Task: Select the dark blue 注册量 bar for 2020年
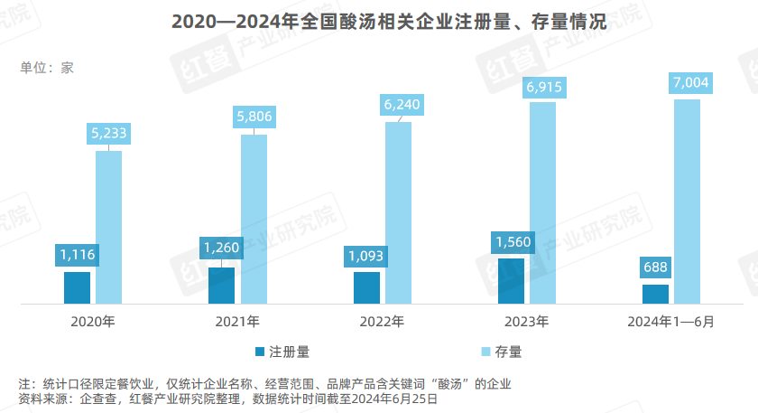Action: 78,287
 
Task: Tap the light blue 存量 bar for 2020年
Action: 109,226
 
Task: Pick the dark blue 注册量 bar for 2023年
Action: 511,280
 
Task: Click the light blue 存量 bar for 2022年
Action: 399,212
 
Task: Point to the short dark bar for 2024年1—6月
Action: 655,294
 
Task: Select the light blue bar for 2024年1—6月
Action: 688,201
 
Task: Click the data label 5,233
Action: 109,133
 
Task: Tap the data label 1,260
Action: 222,247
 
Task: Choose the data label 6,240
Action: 399,103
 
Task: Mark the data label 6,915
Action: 543,87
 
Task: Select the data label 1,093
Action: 366,256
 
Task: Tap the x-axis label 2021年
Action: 237,322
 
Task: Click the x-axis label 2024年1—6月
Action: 670,322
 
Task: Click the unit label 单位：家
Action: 46,67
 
